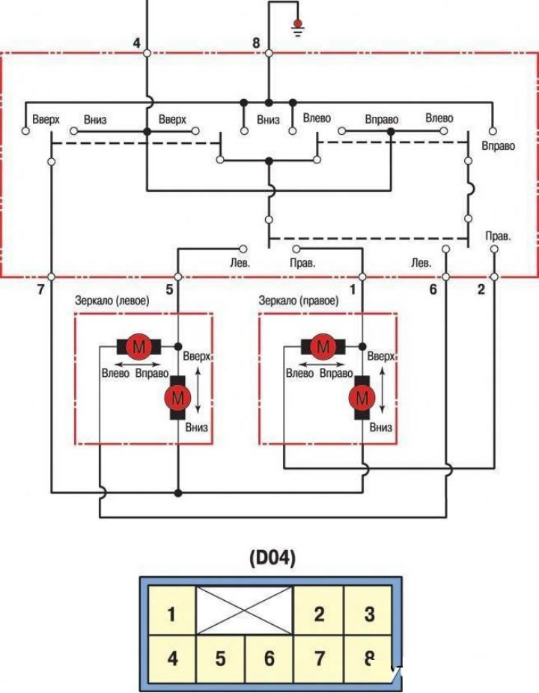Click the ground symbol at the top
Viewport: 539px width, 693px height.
(298, 28)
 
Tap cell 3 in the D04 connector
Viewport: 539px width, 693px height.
(368, 614)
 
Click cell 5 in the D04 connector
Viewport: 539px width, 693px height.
(221, 659)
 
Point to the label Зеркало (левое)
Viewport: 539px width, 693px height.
(112, 300)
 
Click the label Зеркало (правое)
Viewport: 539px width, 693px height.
(298, 300)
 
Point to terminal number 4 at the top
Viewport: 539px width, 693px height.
(136, 43)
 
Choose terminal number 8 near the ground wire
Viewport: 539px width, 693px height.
(256, 43)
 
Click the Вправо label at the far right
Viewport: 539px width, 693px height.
(498, 146)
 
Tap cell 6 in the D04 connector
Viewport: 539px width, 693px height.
(269, 659)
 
